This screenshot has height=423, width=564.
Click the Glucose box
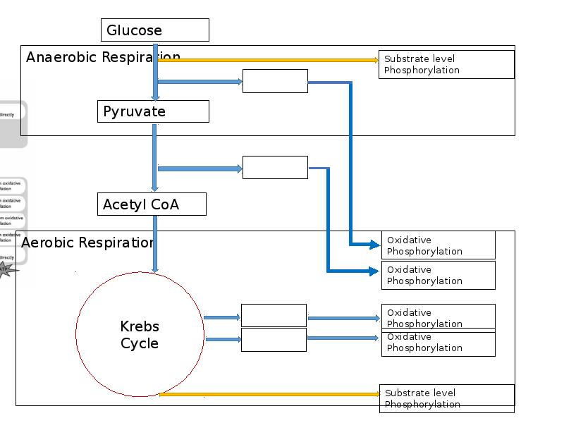point(155,30)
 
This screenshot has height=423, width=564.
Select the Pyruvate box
point(153,111)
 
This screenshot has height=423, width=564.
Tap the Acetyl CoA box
point(152,204)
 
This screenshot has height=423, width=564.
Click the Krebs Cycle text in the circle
point(140,335)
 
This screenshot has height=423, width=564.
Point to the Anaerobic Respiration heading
point(103,57)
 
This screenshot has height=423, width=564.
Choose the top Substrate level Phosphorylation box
point(446,64)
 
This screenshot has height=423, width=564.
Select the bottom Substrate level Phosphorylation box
point(446,398)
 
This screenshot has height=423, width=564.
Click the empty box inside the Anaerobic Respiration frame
point(275,81)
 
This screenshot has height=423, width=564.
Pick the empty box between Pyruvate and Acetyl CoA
point(275,168)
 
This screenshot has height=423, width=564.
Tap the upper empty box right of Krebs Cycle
point(274,316)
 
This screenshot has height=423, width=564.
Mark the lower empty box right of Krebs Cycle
point(274,340)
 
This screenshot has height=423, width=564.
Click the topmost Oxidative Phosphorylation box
point(438,245)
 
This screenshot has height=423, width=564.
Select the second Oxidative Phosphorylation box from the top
point(438,275)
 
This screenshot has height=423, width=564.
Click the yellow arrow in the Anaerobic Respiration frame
point(268,61)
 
